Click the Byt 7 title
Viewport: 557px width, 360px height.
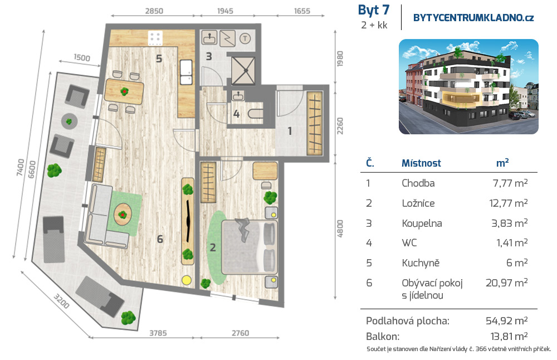pos(374,11)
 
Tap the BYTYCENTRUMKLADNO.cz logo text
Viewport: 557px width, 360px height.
pos(473,18)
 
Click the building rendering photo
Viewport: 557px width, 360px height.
pos(468,86)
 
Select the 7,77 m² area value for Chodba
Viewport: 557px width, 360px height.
pos(510,183)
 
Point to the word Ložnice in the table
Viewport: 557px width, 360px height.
pos(418,203)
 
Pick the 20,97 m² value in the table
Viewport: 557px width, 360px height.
pos(506,283)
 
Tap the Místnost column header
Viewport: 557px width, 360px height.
pos(421,163)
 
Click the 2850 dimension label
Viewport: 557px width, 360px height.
pos(154,11)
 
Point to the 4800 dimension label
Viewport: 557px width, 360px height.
pos(340,229)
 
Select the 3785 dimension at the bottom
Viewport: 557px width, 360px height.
pos(158,333)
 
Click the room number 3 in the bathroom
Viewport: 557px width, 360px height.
pos(209,56)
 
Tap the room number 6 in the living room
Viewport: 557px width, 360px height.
pos(160,239)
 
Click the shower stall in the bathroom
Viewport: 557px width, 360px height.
pos(243,70)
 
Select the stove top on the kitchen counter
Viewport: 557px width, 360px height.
pos(155,38)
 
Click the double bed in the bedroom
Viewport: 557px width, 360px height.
pos(249,247)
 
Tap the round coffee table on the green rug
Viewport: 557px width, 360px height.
pos(123,215)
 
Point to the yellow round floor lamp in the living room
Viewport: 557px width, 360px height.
pos(187,280)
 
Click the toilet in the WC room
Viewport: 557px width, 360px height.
pos(255,114)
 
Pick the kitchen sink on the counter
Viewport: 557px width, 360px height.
pos(186,72)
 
